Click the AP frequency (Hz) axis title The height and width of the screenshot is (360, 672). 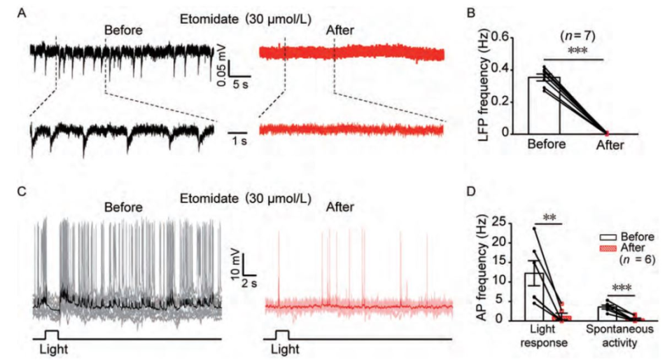tap(482, 269)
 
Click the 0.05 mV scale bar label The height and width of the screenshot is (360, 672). tap(220, 70)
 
